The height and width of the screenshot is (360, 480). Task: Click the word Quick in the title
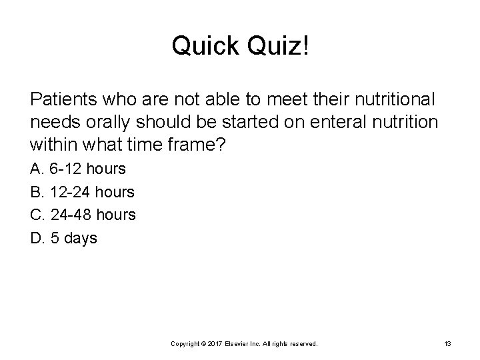coord(204,46)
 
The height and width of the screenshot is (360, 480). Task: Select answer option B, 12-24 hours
coord(83,193)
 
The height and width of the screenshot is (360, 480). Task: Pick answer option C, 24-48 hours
coord(83,215)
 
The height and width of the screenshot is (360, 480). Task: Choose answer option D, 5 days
coord(64,238)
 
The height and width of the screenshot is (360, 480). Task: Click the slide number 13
coord(447,343)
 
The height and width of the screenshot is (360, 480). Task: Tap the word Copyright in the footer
coord(187,343)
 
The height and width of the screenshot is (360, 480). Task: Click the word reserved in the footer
coord(303,343)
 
